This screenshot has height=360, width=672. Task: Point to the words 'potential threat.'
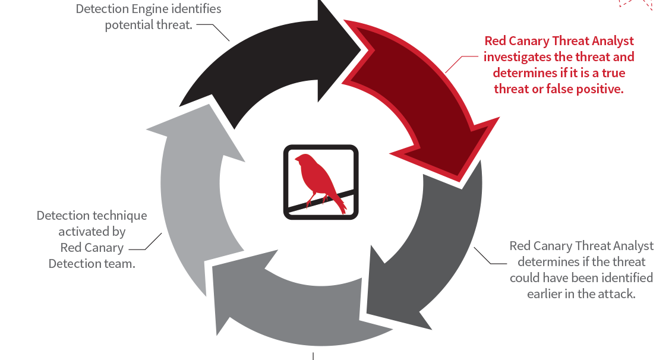click(149, 25)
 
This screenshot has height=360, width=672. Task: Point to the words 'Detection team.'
click(92, 263)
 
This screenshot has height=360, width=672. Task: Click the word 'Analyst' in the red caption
click(612, 41)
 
